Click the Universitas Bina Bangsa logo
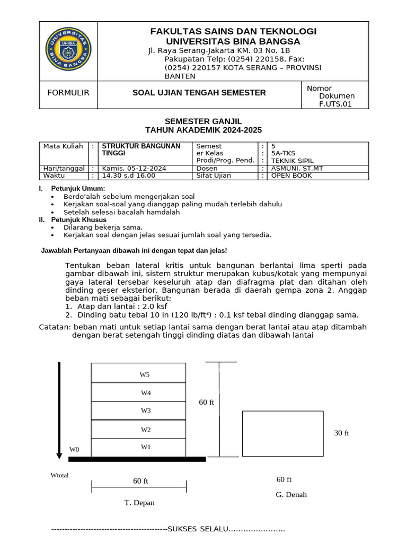[x=68, y=51]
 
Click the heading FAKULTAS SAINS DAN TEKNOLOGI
[x=233, y=31]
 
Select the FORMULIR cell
[x=68, y=93]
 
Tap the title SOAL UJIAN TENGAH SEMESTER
[x=199, y=93]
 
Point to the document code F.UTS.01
[x=335, y=104]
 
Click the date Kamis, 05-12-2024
[x=134, y=168]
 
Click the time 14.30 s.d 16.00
[x=128, y=176]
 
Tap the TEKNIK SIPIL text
[x=292, y=160]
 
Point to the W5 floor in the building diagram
[x=145, y=374]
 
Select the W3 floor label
[x=146, y=410]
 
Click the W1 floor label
[x=146, y=447]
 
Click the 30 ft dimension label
[x=341, y=433]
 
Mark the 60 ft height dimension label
[x=206, y=402]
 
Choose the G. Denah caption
[x=291, y=495]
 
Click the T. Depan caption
[x=140, y=503]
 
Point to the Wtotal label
[x=59, y=475]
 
